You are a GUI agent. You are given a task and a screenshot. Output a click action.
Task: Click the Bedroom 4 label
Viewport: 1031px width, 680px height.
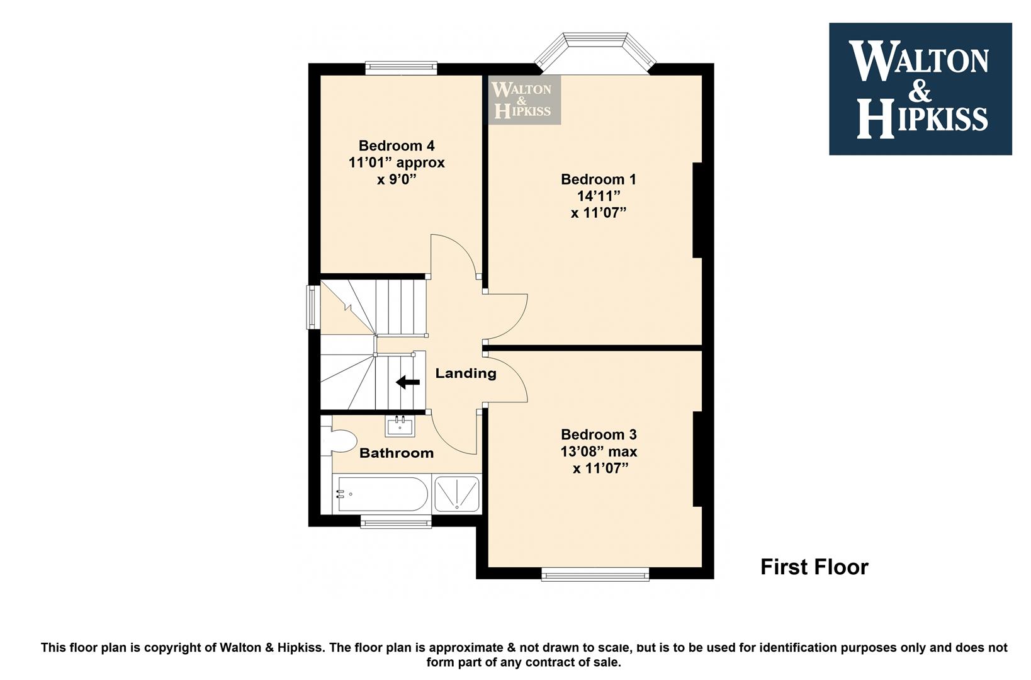(397, 146)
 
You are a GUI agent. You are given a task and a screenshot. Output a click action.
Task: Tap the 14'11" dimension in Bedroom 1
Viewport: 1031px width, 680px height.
(599, 196)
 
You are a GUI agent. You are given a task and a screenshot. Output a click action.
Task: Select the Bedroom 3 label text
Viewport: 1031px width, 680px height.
(599, 434)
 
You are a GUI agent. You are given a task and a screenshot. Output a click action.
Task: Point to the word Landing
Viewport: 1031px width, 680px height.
(466, 373)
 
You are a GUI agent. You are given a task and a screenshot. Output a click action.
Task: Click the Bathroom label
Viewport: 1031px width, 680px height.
(397, 453)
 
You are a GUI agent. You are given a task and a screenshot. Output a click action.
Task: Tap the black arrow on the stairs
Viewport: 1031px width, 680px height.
(408, 382)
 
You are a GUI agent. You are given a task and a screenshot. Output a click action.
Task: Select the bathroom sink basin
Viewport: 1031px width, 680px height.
(400, 426)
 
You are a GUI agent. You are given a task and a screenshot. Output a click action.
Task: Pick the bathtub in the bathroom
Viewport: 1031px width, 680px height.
(383, 494)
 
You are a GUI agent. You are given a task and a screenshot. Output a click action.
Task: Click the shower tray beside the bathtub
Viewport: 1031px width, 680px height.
(457, 494)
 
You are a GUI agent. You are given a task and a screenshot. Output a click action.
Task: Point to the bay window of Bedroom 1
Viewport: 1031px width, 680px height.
(595, 52)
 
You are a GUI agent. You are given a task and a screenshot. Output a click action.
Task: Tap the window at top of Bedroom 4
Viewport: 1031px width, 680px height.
(401, 68)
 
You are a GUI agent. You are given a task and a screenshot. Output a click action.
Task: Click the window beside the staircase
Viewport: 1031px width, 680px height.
(313, 307)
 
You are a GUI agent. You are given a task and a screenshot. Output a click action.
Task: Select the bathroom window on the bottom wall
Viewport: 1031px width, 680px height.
(396, 521)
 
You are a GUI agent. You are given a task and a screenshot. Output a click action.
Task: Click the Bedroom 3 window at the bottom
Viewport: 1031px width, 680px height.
(595, 574)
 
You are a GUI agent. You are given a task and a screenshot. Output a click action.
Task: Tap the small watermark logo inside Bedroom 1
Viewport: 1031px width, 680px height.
(524, 100)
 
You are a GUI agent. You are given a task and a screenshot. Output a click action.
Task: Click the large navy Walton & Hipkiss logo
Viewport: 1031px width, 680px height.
(920, 89)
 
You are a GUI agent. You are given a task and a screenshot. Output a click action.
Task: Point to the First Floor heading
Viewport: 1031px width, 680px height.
(814, 567)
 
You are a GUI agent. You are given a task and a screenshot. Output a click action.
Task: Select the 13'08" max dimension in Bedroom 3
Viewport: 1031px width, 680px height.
(599, 451)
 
